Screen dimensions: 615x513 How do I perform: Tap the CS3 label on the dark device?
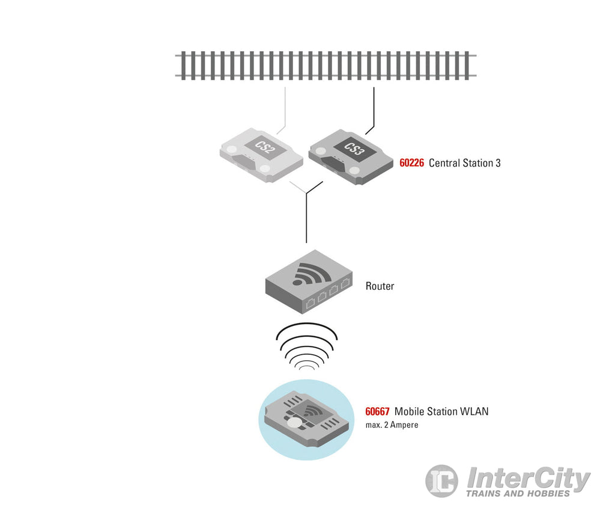coord(353,149)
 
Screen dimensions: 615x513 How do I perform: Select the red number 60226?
coord(411,163)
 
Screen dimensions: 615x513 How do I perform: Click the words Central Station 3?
coord(465,163)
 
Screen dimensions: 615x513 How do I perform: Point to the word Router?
coord(380,286)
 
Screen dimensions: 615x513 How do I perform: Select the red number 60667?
coord(377,411)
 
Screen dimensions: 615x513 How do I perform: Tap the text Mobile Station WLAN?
coord(441,411)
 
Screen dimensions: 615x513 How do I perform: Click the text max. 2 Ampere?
coord(392,425)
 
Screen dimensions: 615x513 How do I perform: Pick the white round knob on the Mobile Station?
coord(294,422)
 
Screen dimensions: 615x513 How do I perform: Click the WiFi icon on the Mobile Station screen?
coord(312,411)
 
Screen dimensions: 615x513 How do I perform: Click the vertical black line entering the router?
coord(306,218)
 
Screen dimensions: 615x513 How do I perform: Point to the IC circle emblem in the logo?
coord(441,481)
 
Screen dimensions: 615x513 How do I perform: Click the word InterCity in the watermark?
coord(529,478)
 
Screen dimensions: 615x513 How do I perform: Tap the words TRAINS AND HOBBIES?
coord(518,493)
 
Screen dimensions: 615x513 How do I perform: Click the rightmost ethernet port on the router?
coord(345,283)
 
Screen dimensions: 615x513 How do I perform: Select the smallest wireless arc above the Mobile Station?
coord(307,368)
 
